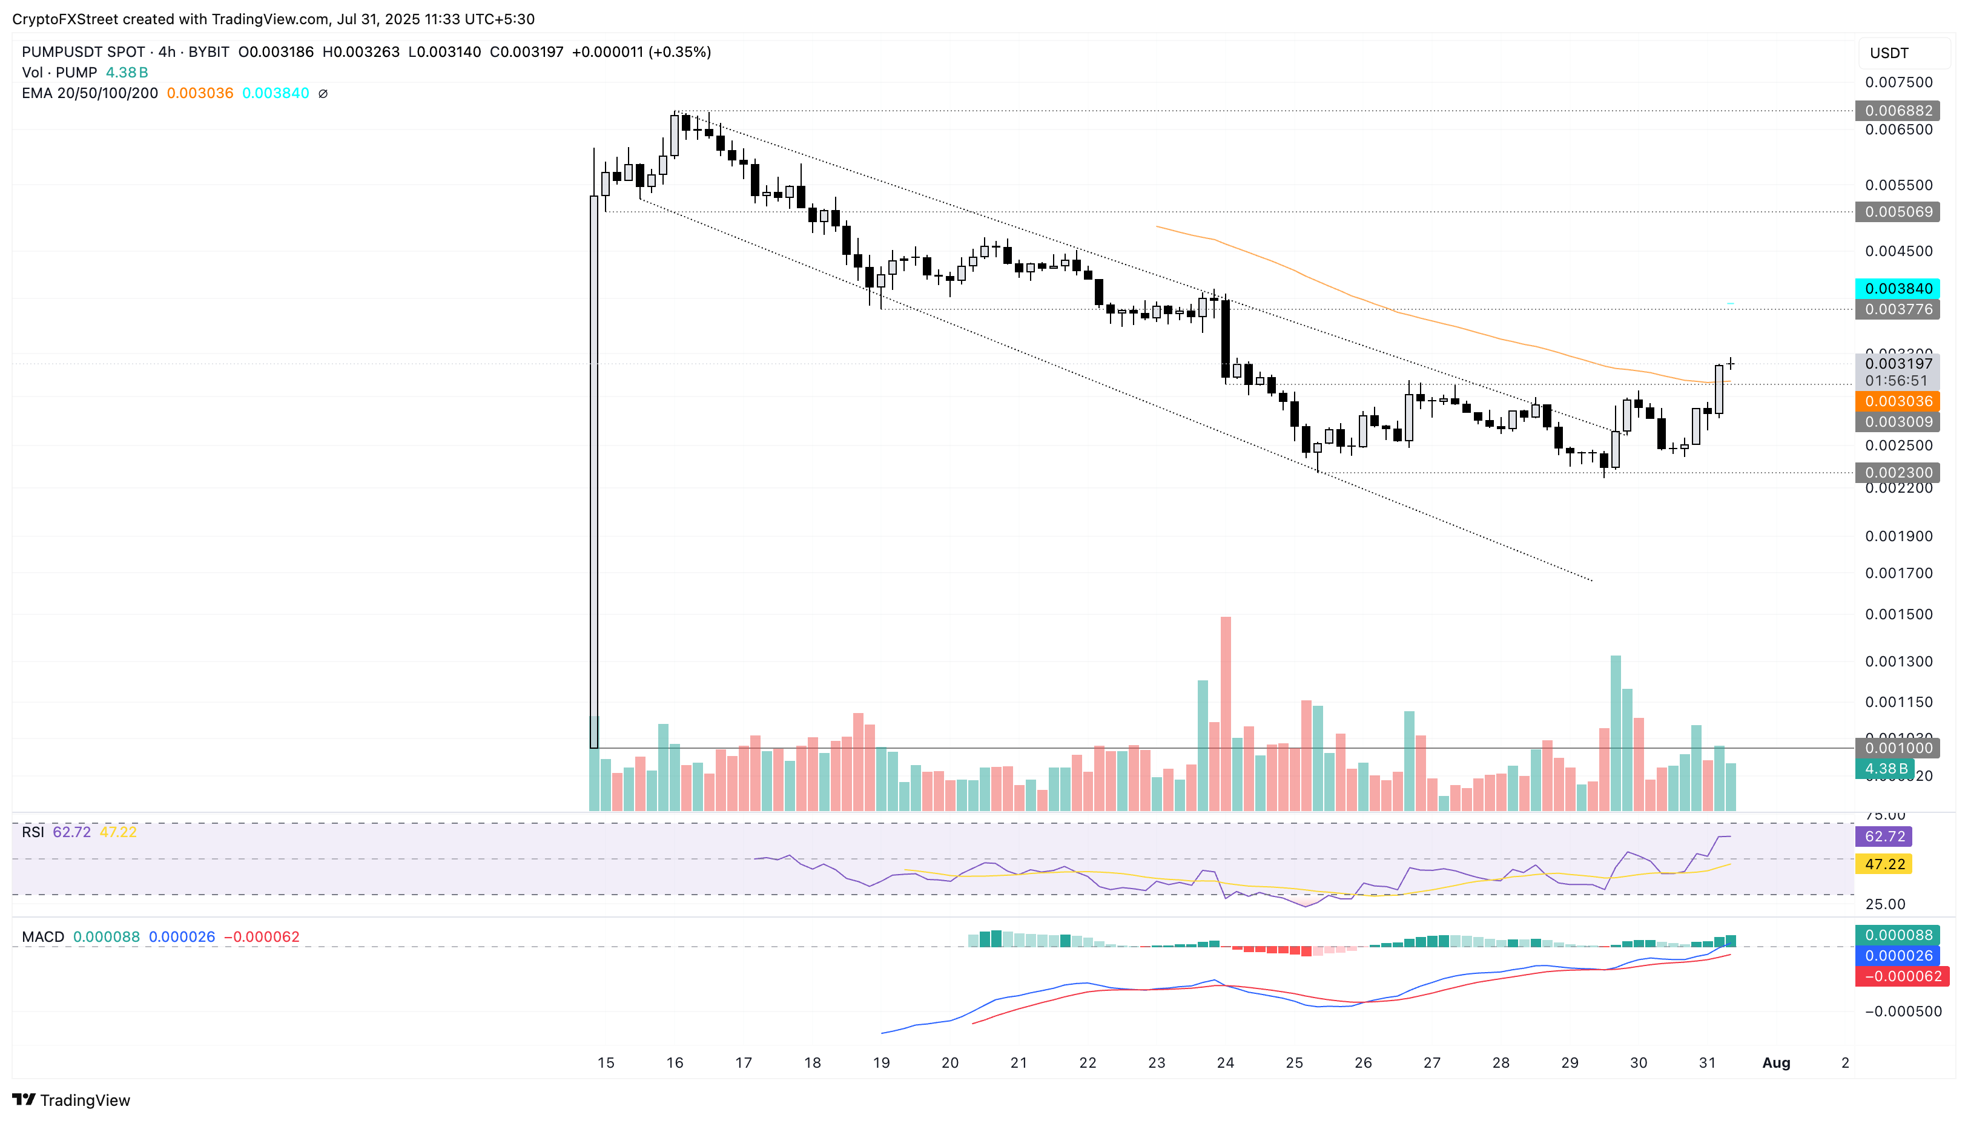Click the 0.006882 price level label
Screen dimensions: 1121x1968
(x=1897, y=111)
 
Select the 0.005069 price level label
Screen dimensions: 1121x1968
(x=1897, y=212)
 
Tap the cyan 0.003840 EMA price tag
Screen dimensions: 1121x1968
(x=1897, y=289)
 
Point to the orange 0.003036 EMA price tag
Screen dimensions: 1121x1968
(x=1897, y=401)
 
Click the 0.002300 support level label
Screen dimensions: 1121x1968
(x=1897, y=473)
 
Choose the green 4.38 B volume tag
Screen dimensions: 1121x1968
(x=1885, y=768)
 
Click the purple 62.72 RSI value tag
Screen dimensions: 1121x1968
(x=1884, y=836)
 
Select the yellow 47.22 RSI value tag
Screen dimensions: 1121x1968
(x=1884, y=864)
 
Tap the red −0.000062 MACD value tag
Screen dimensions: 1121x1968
(x=1898, y=976)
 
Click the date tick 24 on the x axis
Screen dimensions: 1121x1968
(x=1225, y=1062)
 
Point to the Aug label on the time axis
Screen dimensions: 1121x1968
(x=1776, y=1062)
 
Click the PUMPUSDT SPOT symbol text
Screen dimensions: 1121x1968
(x=83, y=51)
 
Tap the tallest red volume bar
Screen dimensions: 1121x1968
(x=1226, y=712)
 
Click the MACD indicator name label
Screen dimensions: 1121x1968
(x=43, y=937)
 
